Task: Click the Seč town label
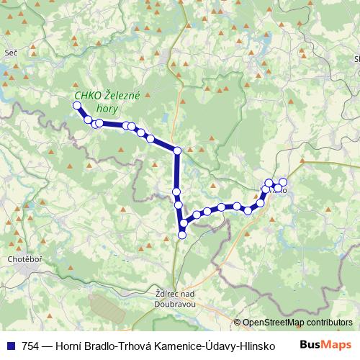10,53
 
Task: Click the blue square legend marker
9,346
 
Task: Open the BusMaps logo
330,345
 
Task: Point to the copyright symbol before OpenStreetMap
237,322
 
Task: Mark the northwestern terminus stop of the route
77,106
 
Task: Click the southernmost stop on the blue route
182,234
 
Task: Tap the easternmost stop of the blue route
283,182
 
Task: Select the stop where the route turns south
177,150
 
